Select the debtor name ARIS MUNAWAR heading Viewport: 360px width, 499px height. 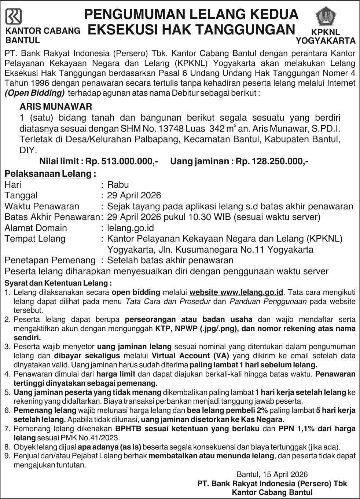[x=55, y=107]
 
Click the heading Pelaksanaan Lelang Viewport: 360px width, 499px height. [x=50, y=173]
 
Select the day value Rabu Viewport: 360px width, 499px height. [x=118, y=184]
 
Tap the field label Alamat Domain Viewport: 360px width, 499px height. [x=36, y=228]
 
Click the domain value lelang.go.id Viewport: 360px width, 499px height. [x=130, y=228]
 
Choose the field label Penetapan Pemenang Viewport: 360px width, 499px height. [x=50, y=260]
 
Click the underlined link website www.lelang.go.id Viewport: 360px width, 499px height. [x=236, y=292]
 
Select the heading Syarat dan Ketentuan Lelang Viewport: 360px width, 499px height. [x=58, y=283]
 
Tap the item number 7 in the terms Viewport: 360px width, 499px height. [x=7, y=429]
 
